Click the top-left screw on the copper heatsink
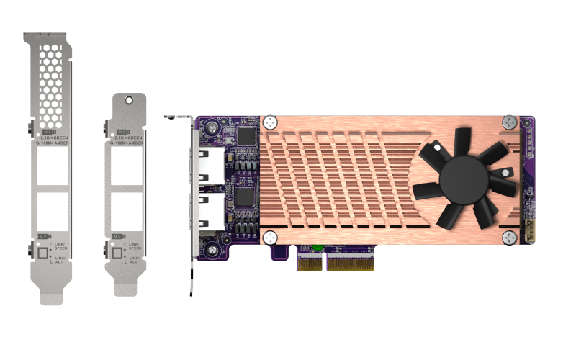pyautogui.click(x=270, y=122)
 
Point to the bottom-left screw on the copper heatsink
pyautogui.click(x=270, y=238)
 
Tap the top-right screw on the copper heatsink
pyautogui.click(x=510, y=122)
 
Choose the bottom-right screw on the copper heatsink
pyautogui.click(x=510, y=238)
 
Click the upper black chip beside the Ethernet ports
pyautogui.click(x=246, y=135)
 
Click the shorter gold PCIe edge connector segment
pyautogui.click(x=310, y=264)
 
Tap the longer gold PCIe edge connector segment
pyautogui.click(x=350, y=264)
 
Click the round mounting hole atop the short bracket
pyautogui.click(x=130, y=102)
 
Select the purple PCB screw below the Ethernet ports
pyautogui.click(x=213, y=250)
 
